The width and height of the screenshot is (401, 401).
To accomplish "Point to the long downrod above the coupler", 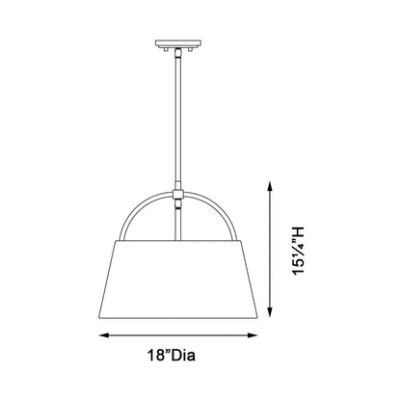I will (178, 116).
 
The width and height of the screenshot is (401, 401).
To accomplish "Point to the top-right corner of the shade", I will (244, 240).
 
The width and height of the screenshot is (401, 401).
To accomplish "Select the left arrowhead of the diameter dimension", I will (102, 335).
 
